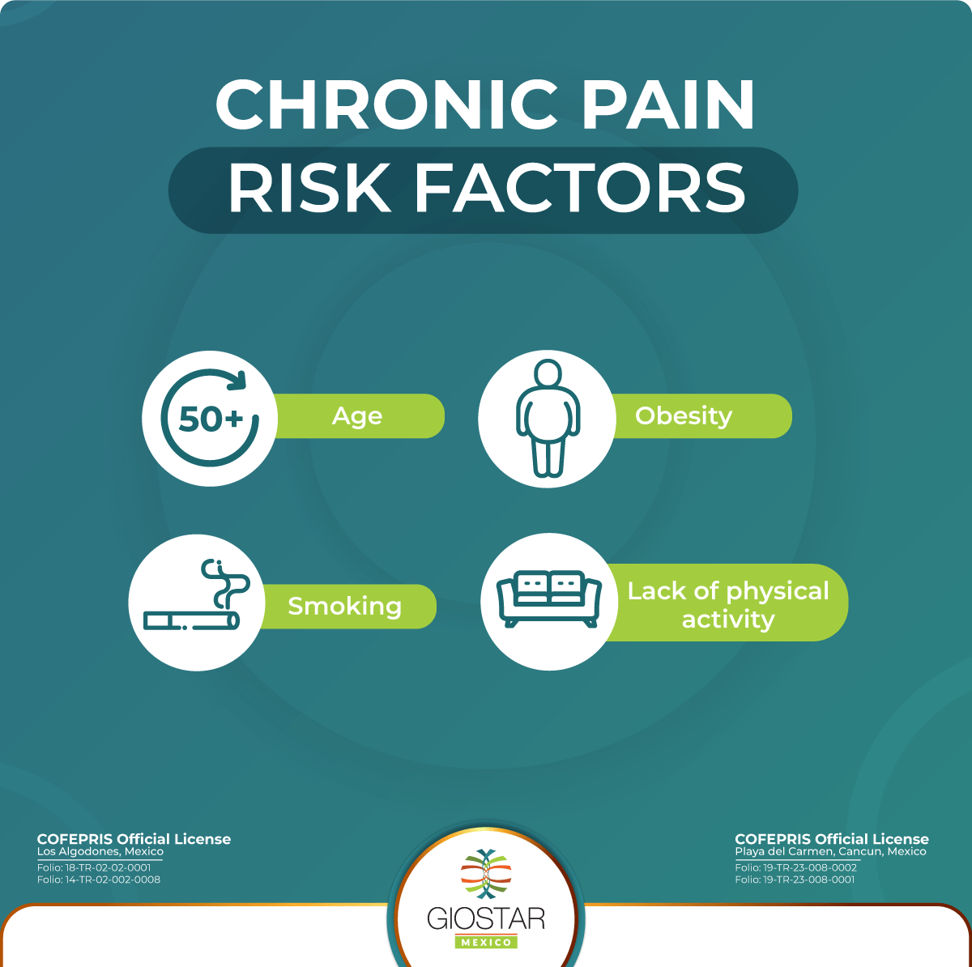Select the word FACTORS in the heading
tap(579, 190)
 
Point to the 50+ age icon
tap(210, 418)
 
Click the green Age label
tap(357, 416)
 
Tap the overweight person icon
tap(548, 418)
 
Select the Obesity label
tap(684, 416)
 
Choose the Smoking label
tap(345, 607)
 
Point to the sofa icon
tap(549, 599)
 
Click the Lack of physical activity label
tap(728, 604)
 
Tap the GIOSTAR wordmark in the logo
tap(486, 918)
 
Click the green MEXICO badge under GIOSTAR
tap(486, 942)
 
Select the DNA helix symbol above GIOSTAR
tap(486, 875)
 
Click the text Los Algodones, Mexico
tap(100, 852)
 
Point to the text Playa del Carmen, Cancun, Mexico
tap(830, 852)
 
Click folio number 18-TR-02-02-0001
tap(94, 867)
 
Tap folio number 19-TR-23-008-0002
tap(795, 867)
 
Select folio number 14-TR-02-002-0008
tap(99, 880)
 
